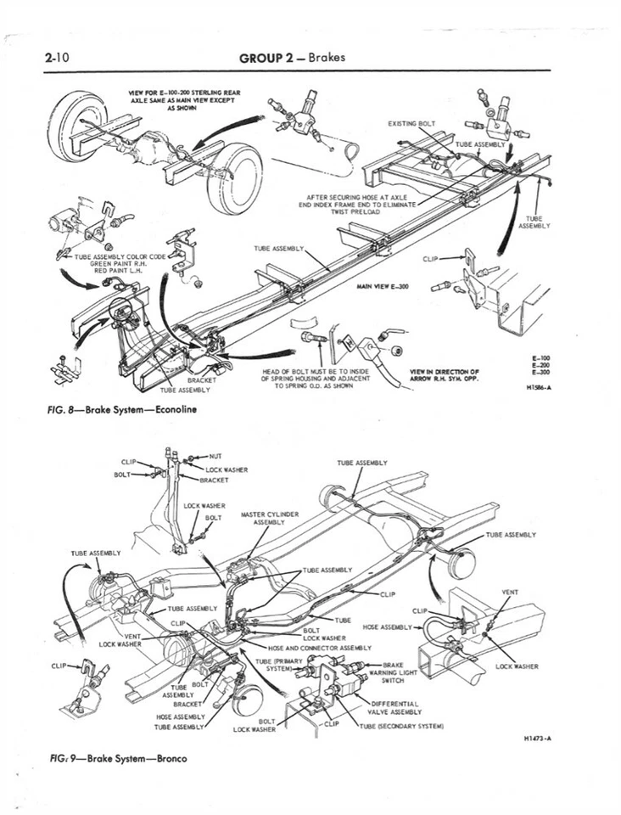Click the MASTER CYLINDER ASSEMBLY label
pyautogui.click(x=270, y=518)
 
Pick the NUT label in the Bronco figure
pyautogui.click(x=215, y=456)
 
